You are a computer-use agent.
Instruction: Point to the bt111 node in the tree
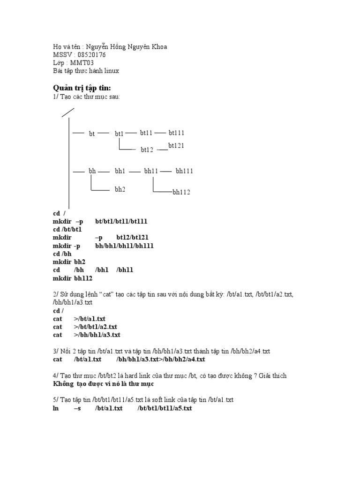pos(177,133)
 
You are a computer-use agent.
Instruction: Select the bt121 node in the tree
pos(176,145)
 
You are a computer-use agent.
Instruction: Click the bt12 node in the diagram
pos(147,150)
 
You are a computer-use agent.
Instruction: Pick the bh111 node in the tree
pos(184,171)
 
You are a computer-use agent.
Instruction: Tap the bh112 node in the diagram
pos(181,192)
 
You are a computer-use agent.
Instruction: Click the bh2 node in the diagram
pos(120,189)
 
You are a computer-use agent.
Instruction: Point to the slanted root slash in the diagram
pos(68,112)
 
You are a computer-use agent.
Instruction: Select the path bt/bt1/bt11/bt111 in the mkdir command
pos(121,221)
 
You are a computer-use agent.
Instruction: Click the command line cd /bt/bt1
pos(67,229)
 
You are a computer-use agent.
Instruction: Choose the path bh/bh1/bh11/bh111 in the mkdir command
pos(124,246)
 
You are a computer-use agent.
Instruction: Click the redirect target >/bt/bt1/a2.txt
pos(95,326)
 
